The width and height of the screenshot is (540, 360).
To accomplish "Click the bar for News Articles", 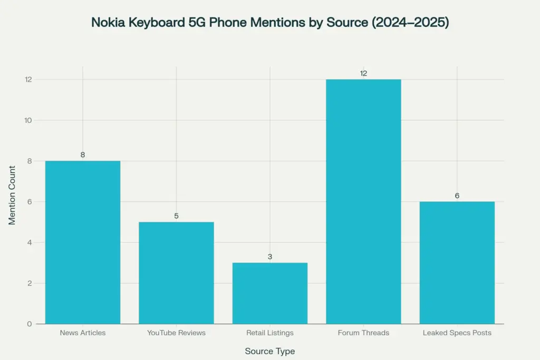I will click(x=83, y=242).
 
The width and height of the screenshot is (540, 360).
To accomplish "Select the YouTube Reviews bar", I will click(x=176, y=273).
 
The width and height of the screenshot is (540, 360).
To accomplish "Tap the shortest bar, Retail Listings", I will click(x=270, y=293).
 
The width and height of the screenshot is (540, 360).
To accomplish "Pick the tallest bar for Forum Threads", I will click(x=363, y=201).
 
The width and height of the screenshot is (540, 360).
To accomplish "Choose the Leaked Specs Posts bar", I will click(x=457, y=262).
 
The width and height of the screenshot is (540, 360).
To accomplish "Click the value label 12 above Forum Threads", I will click(x=363, y=73).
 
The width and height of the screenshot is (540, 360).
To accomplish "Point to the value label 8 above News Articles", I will click(x=83, y=155).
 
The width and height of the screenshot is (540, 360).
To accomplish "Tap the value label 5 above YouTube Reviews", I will click(x=176, y=216).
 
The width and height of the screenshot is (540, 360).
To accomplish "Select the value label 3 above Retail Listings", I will click(x=270, y=257).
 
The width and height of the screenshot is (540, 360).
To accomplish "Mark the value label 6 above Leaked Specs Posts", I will click(x=457, y=196).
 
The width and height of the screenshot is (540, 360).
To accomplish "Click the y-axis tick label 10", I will click(x=27, y=120).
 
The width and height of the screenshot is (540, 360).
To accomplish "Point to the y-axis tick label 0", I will click(x=30, y=324).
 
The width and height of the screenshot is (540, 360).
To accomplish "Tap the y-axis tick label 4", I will click(x=30, y=242).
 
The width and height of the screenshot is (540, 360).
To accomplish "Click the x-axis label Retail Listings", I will click(x=270, y=333).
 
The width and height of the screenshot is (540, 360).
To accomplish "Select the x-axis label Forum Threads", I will click(x=363, y=333).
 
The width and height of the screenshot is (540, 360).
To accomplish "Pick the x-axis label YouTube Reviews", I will click(x=176, y=333).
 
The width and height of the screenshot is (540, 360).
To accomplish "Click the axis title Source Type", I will click(x=270, y=351).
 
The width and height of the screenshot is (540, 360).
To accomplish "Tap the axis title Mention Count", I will click(x=12, y=196).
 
